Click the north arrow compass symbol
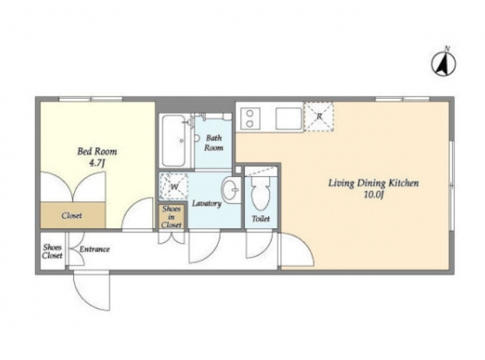(444, 64)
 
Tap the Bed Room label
(97, 151)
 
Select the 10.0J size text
(374, 195)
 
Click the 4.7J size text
(96, 162)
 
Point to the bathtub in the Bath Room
(174, 141)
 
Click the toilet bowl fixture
(261, 193)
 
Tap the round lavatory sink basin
(231, 189)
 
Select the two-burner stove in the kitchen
(250, 119)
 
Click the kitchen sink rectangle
(288, 118)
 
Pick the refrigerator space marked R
(319, 117)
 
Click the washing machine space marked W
(174, 187)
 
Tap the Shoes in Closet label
(171, 217)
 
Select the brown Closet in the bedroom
(72, 215)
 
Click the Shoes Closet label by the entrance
(52, 251)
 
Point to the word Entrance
(95, 249)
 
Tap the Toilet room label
(261, 219)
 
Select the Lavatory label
(207, 203)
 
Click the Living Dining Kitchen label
(374, 183)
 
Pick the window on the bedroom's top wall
(91, 99)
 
